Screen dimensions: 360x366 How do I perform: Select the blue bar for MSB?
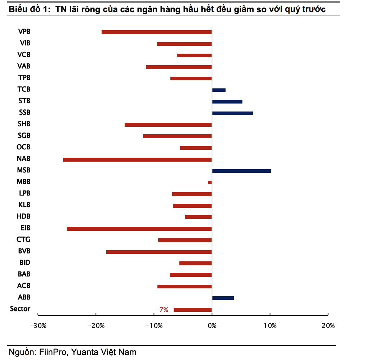[241, 171]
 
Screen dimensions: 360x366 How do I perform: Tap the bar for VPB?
[157, 32]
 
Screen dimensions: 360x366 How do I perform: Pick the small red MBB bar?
[210, 183]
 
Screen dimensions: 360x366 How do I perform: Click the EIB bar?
[139, 229]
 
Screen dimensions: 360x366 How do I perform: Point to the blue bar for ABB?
[223, 298]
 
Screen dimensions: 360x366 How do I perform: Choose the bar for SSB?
[232, 113]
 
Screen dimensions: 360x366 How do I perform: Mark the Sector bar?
[193, 310]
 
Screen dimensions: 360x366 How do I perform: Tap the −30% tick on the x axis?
[38, 326]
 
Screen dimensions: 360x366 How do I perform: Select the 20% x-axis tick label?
[328, 326]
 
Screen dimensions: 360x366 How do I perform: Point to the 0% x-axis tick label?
[212, 326]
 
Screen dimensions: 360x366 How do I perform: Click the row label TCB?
[24, 89]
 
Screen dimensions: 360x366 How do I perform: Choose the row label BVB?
[24, 251]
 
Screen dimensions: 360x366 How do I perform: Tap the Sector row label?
[20, 309]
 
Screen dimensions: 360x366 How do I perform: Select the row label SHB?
[24, 124]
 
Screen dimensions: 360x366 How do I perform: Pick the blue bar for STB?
[227, 102]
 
